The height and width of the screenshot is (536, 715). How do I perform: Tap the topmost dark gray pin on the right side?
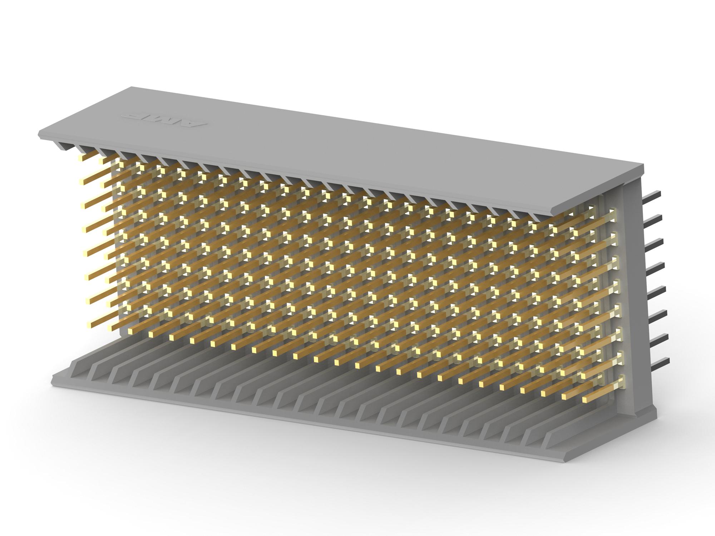coord(651,194)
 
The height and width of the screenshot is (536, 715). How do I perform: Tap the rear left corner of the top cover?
coord(132,87)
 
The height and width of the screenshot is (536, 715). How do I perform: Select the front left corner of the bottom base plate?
coord(53,379)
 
